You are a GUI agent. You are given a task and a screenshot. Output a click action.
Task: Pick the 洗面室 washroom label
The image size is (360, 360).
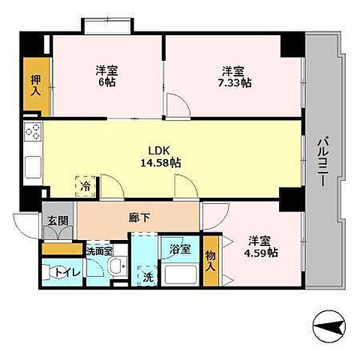(98, 251)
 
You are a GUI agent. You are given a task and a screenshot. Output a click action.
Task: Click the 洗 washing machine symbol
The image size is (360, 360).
(148, 275)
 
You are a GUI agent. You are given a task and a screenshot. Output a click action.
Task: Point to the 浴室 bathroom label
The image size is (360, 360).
(178, 248)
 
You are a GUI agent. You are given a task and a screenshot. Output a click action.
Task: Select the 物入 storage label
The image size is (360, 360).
(211, 261)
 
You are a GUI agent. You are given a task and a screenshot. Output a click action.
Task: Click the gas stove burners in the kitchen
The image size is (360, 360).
(33, 133)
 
